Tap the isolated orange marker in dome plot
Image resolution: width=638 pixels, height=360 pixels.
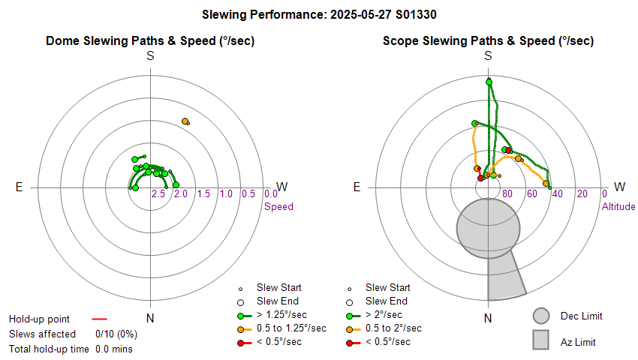[x=185, y=121]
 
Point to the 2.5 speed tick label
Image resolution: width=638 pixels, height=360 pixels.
[x=158, y=194]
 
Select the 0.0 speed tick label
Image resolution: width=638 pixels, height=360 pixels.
[x=271, y=194]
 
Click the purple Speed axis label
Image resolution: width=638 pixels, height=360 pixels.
[x=278, y=207]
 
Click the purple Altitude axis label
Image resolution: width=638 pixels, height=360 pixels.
[x=618, y=207]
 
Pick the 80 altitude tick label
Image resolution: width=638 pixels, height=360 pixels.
[x=507, y=194]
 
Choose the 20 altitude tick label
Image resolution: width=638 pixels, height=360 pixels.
[x=582, y=194]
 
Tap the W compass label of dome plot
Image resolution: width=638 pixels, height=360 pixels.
[x=282, y=187]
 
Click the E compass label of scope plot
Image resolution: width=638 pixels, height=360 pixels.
[x=357, y=187]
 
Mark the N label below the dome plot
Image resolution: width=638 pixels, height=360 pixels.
[x=150, y=318]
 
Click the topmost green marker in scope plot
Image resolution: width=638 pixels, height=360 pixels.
[x=489, y=82]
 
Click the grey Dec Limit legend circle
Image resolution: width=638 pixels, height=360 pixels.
[x=541, y=316]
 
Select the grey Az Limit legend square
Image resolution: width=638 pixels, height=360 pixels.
[x=541, y=341]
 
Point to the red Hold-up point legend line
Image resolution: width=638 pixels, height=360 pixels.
[x=99, y=318]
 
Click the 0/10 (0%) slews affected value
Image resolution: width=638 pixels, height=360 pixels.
[x=115, y=334]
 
